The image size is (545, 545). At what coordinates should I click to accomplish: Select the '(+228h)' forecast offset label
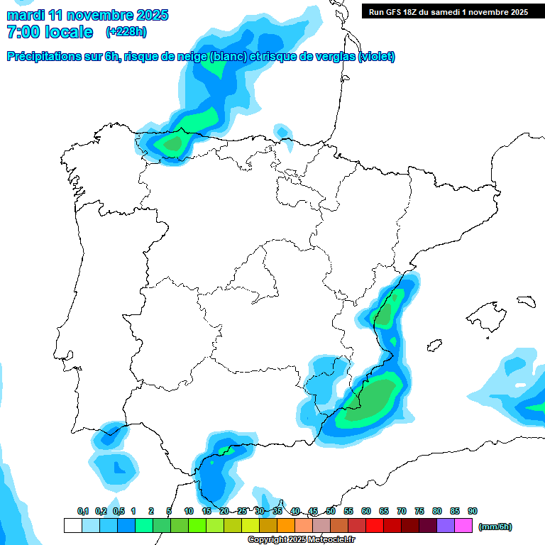pyautogui.click(x=126, y=32)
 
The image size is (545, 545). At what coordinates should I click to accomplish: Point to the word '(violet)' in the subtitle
pyautogui.click(x=377, y=57)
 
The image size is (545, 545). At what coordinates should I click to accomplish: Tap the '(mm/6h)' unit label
pyautogui.click(x=495, y=527)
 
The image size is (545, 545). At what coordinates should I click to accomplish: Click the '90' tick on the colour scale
pyautogui.click(x=473, y=512)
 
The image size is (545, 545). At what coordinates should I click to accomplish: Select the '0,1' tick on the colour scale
pyautogui.click(x=82, y=512)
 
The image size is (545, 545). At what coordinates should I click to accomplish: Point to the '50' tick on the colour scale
pyautogui.click(x=331, y=512)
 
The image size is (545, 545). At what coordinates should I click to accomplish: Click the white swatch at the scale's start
pyautogui.click(x=72, y=525)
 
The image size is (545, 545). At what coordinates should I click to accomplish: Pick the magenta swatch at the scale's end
pyautogui.click(x=463, y=525)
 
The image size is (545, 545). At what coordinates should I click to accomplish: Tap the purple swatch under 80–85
pyautogui.click(x=446, y=525)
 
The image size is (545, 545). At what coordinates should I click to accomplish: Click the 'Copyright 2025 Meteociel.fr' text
pyautogui.click(x=301, y=539)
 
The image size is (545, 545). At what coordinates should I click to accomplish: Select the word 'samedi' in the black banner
pyautogui.click(x=440, y=12)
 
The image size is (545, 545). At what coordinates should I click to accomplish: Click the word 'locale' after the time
pyautogui.click(x=69, y=32)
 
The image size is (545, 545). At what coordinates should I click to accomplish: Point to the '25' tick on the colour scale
pyautogui.click(x=242, y=512)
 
